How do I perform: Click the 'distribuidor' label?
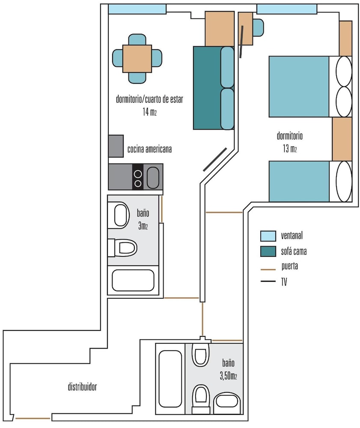[x=83, y=386]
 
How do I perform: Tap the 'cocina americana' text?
[x=149, y=149]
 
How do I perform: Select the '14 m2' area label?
[x=149, y=112]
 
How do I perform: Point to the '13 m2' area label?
[x=289, y=149]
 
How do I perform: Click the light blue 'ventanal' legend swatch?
[x=268, y=236]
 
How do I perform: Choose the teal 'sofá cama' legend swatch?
[x=268, y=251]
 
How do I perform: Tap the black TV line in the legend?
[x=268, y=281]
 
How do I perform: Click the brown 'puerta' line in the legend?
[x=268, y=269]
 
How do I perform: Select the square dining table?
[x=137, y=59]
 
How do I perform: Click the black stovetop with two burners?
[x=138, y=177]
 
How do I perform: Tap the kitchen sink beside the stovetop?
[x=153, y=178]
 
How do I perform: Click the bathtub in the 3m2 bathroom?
[x=133, y=280]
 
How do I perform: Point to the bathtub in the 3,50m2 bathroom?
[x=170, y=379]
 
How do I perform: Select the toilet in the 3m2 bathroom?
[x=122, y=248]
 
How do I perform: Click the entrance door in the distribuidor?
[x=33, y=418]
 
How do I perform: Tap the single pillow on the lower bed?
[x=344, y=181]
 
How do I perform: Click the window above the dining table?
[x=137, y=9]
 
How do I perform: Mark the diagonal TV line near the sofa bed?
[x=215, y=159]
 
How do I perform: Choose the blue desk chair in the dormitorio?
[x=258, y=27]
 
